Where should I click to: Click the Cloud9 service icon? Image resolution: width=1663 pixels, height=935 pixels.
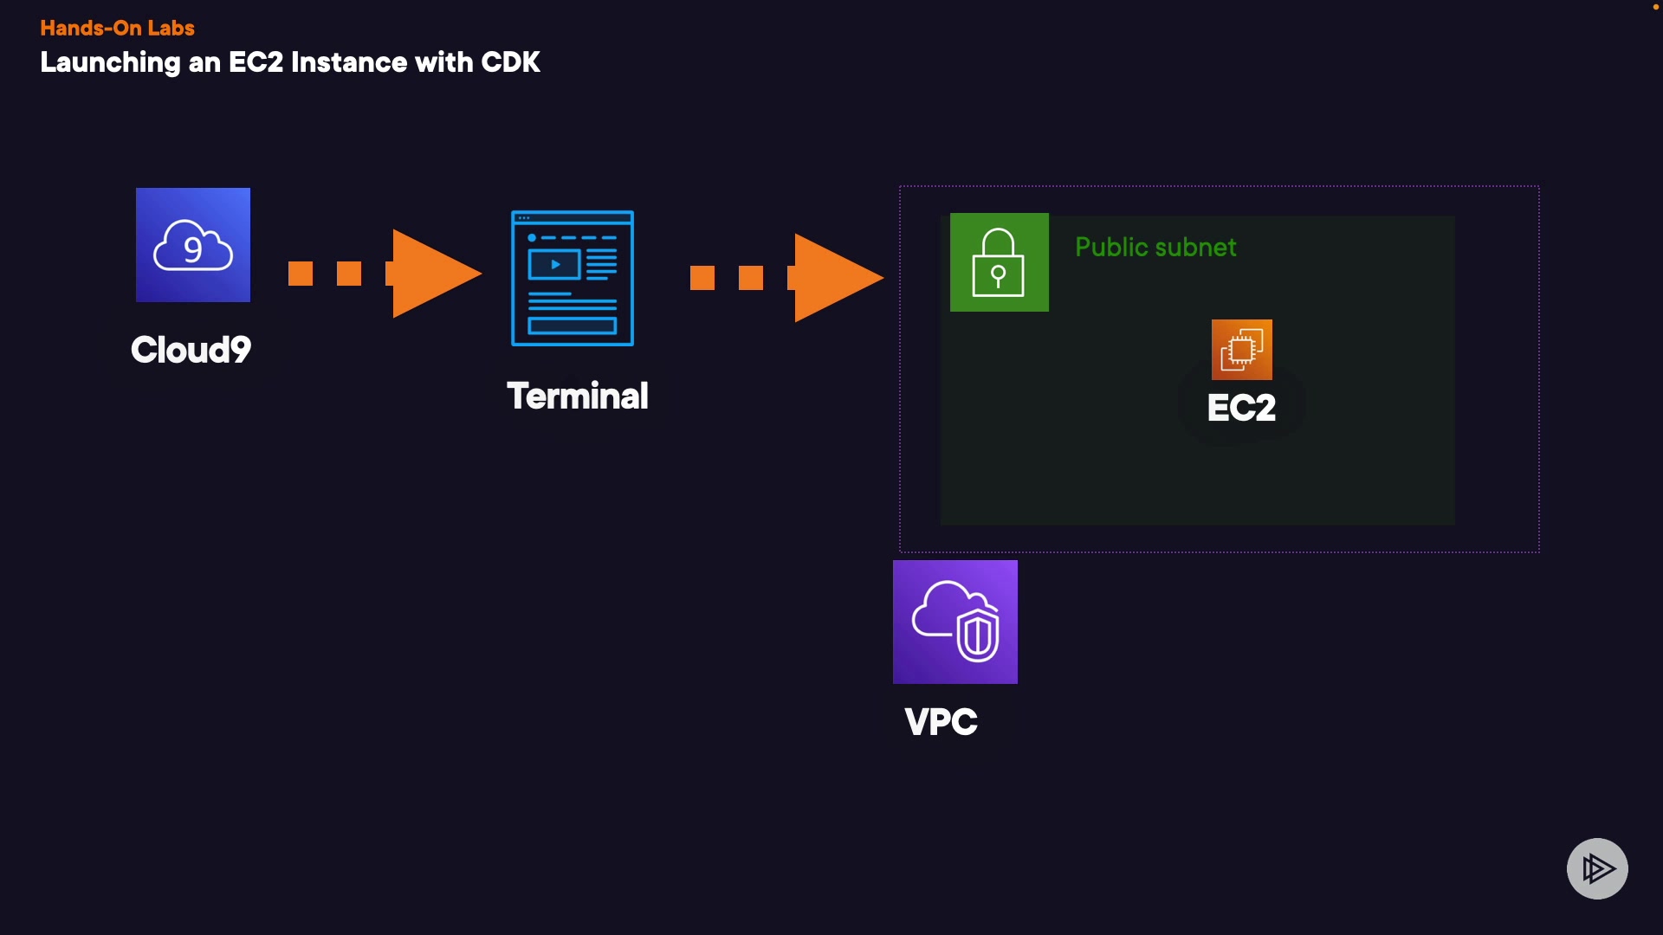tap(193, 245)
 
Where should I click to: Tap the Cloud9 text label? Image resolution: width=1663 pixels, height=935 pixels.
tap(191, 350)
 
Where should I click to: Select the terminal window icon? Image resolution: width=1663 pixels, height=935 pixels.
tap(573, 278)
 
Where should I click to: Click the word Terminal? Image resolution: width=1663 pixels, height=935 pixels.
tap(578, 397)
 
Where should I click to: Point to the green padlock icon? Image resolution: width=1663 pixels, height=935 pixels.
tap(999, 262)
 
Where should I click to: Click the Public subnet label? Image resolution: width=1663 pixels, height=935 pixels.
tap(1155, 248)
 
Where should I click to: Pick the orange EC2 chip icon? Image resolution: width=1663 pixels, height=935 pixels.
tap(1241, 350)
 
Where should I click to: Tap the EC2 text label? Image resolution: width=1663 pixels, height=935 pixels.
tap(1241, 408)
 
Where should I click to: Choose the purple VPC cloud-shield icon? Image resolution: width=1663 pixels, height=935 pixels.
tap(954, 622)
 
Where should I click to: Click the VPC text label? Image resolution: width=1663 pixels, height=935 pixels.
tap(941, 722)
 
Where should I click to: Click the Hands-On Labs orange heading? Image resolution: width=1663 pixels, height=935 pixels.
tap(117, 29)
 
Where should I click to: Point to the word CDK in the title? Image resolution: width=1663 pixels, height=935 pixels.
tap(510, 62)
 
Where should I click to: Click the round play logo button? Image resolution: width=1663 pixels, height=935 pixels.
tap(1597, 868)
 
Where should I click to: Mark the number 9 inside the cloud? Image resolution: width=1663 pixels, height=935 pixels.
tap(193, 249)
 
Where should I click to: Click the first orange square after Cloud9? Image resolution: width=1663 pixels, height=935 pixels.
tap(301, 274)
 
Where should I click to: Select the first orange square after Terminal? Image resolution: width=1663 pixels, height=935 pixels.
tap(702, 278)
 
